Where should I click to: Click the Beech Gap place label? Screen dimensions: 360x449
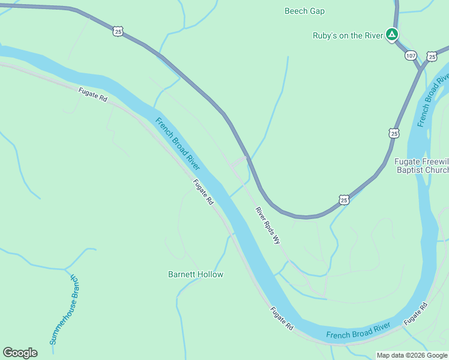tap(304, 11)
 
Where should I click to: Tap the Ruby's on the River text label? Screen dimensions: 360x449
tap(348, 35)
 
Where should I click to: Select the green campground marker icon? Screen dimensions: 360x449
tap(391, 35)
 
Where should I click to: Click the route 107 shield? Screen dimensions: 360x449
tap(411, 55)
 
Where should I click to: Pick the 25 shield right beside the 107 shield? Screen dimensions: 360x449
tap(432, 56)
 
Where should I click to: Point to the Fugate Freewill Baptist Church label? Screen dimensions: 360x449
tap(421, 166)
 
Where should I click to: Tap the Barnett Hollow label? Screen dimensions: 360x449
tap(195, 274)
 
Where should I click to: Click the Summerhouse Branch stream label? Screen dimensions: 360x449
tap(64, 309)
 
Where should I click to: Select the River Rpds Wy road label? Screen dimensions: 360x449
tap(268, 226)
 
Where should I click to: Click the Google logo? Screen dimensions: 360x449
tap(20, 353)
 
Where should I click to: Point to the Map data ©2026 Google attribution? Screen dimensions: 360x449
tap(412, 355)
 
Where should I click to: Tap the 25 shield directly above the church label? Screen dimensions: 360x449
tap(394, 133)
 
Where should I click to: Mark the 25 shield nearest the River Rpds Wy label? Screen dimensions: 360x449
tap(343, 200)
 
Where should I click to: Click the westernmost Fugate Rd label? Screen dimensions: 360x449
tap(92, 95)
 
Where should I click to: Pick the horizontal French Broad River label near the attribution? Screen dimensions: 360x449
tap(358, 331)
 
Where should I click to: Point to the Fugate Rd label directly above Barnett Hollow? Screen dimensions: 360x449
tap(203, 193)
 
